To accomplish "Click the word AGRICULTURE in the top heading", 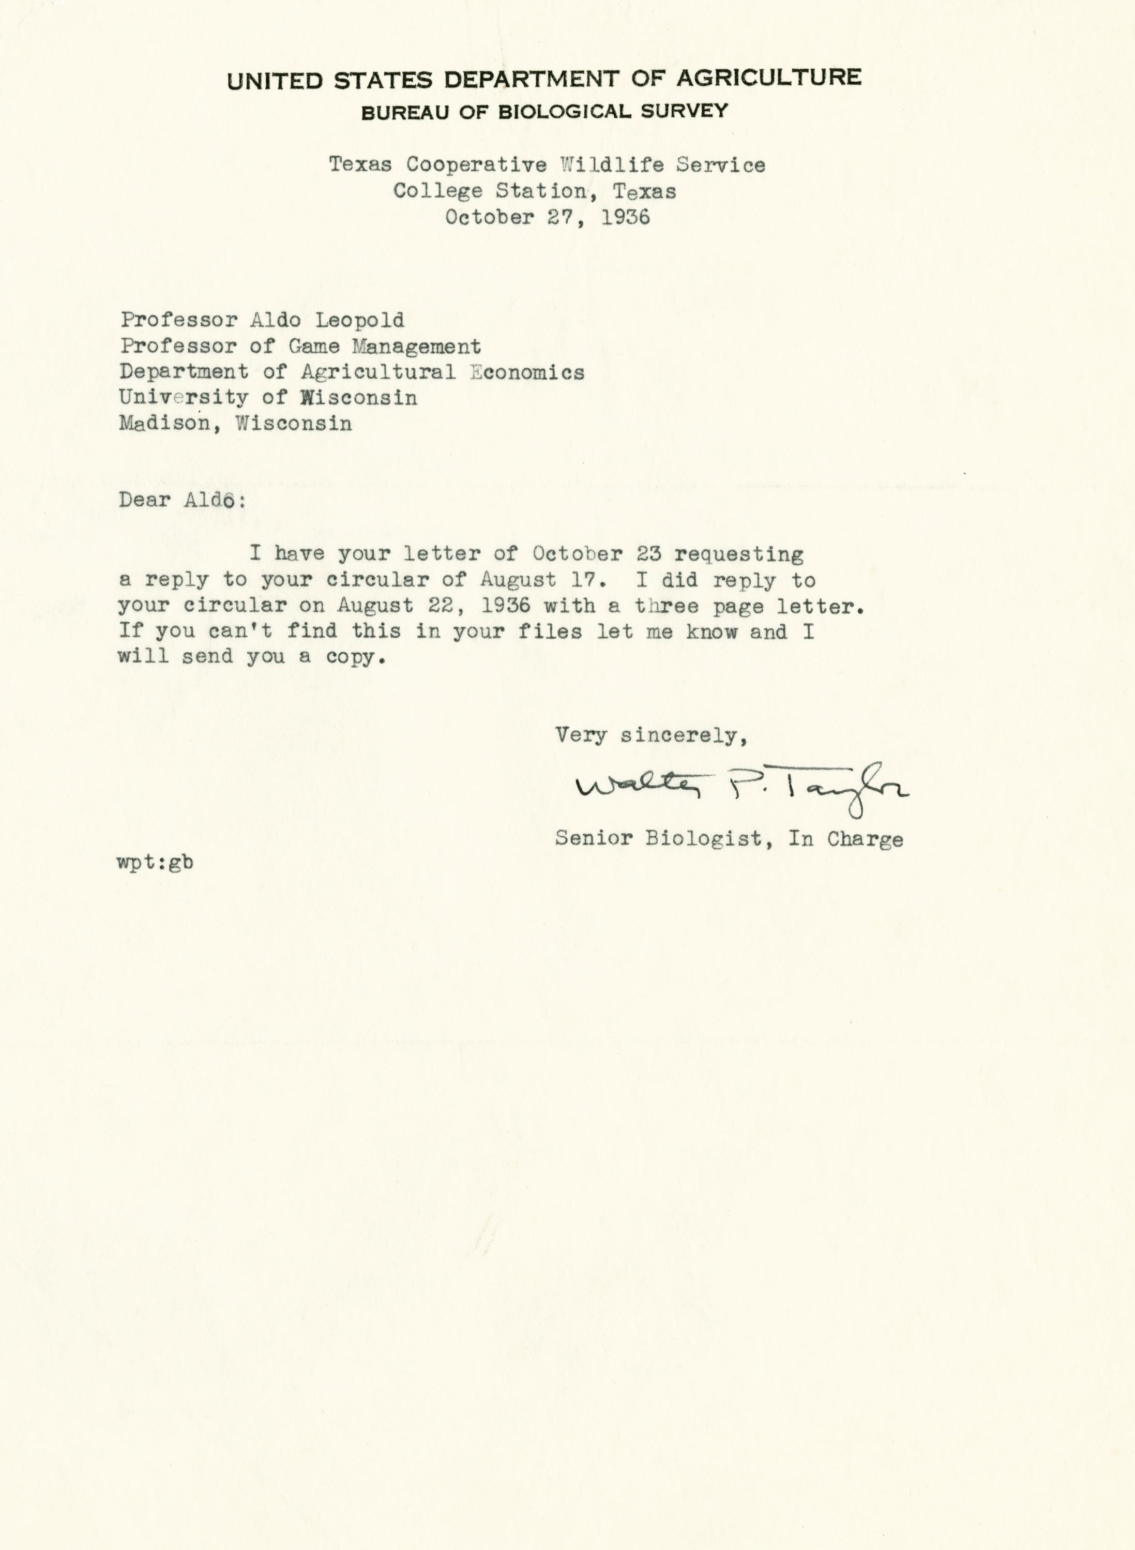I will [x=769, y=77].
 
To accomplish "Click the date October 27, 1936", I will [x=547, y=217].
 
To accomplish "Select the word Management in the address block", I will [x=416, y=347].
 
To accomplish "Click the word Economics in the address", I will [x=527, y=372].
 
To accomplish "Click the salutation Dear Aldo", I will [x=181, y=500].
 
